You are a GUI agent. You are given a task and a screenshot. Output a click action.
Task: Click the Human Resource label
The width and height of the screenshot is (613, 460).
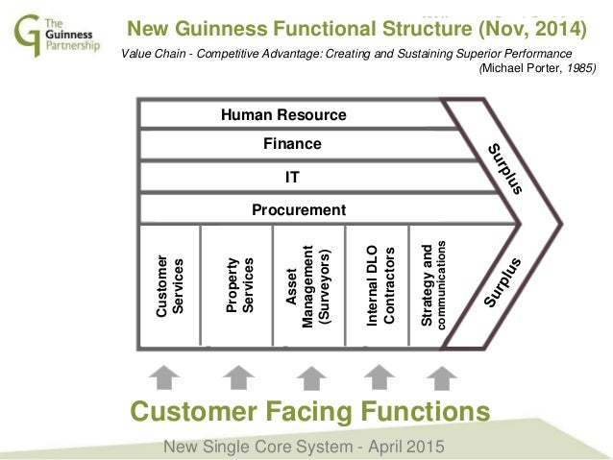click(x=283, y=115)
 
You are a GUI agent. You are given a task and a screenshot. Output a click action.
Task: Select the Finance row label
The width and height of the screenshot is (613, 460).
click(x=292, y=144)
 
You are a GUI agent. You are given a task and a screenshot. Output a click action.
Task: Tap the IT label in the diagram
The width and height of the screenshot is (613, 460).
click(x=292, y=178)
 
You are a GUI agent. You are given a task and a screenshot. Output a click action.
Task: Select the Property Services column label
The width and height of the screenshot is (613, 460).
click(x=236, y=283)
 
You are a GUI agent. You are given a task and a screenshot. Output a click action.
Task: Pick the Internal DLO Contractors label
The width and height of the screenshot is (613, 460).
click(x=380, y=282)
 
